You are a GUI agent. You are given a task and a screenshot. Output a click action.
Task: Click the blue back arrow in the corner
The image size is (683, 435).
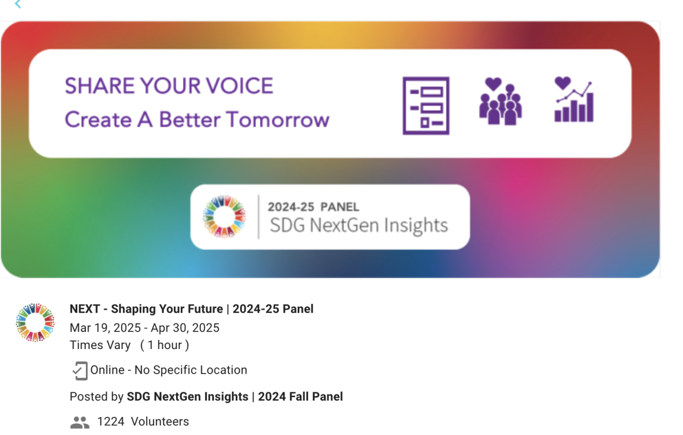coord(18,4)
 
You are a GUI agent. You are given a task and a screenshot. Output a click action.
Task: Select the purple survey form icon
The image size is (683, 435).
coord(426,106)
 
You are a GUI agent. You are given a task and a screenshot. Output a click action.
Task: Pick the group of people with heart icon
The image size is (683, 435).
coord(501,101)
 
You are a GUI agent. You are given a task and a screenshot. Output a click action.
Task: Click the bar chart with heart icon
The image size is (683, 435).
coord(574,99)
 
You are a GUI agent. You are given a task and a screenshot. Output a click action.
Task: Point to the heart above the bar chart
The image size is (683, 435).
coord(562,83)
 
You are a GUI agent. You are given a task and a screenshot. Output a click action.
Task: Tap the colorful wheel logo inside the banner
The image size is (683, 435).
coord(224,217)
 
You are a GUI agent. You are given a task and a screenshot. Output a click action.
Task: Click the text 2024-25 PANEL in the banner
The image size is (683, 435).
coord(313,207)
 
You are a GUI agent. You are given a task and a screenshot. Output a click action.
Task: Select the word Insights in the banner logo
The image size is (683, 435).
coord(416,226)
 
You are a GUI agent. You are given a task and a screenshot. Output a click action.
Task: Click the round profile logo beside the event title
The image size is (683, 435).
coord(35,322)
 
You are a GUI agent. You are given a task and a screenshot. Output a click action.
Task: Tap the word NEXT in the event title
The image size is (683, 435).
coord(85,309)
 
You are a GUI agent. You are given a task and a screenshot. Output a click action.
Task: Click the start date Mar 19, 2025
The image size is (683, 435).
coord(105,328)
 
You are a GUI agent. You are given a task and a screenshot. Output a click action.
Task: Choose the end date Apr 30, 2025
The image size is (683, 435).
coord(185,328)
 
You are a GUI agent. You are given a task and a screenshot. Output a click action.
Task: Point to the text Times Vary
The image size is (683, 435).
coord(100,345)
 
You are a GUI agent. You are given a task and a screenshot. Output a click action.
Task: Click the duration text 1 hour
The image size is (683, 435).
coord(165,345)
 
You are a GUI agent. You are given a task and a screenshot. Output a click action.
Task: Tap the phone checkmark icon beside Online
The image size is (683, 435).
coord(80,370)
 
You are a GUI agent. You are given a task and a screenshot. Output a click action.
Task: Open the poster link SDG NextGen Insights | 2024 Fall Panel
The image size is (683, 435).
coord(235,397)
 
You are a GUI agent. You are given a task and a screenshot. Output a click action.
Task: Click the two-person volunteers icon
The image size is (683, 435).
coord(80,422)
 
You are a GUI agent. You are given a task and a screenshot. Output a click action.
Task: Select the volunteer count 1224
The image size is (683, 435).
coord(110,422)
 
